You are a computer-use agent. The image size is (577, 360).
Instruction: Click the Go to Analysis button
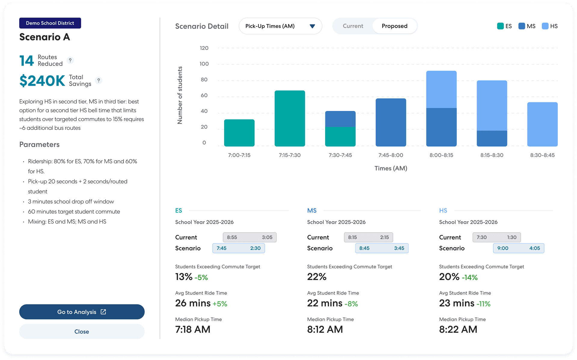click(x=82, y=312)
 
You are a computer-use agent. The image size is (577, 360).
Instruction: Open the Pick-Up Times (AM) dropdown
click(x=280, y=26)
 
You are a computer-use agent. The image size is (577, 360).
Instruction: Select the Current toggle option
click(x=353, y=26)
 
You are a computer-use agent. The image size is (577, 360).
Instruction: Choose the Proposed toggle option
click(x=395, y=26)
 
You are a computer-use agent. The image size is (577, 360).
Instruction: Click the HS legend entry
click(x=550, y=26)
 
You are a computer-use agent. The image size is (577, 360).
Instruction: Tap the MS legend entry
click(x=527, y=26)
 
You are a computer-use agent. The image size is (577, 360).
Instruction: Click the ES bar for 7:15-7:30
click(x=290, y=118)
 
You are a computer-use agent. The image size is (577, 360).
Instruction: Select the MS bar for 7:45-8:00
click(x=391, y=122)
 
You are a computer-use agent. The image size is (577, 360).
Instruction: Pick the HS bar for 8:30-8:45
click(x=542, y=124)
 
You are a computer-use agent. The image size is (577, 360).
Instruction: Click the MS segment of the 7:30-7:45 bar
click(x=340, y=119)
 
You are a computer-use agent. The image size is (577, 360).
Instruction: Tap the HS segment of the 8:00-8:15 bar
click(x=441, y=89)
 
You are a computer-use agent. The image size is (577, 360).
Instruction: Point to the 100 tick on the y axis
click(x=204, y=64)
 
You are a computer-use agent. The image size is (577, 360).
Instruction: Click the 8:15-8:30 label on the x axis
click(x=492, y=155)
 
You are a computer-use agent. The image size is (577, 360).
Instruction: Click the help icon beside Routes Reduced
click(x=70, y=60)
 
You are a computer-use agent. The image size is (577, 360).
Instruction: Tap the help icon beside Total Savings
click(x=99, y=80)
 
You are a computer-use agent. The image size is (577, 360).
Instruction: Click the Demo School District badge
click(x=50, y=23)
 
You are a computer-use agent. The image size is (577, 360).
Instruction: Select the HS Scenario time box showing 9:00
click(x=518, y=248)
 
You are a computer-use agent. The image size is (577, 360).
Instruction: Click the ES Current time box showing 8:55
click(x=249, y=237)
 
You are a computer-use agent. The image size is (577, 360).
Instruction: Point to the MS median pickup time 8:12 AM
click(x=325, y=329)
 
